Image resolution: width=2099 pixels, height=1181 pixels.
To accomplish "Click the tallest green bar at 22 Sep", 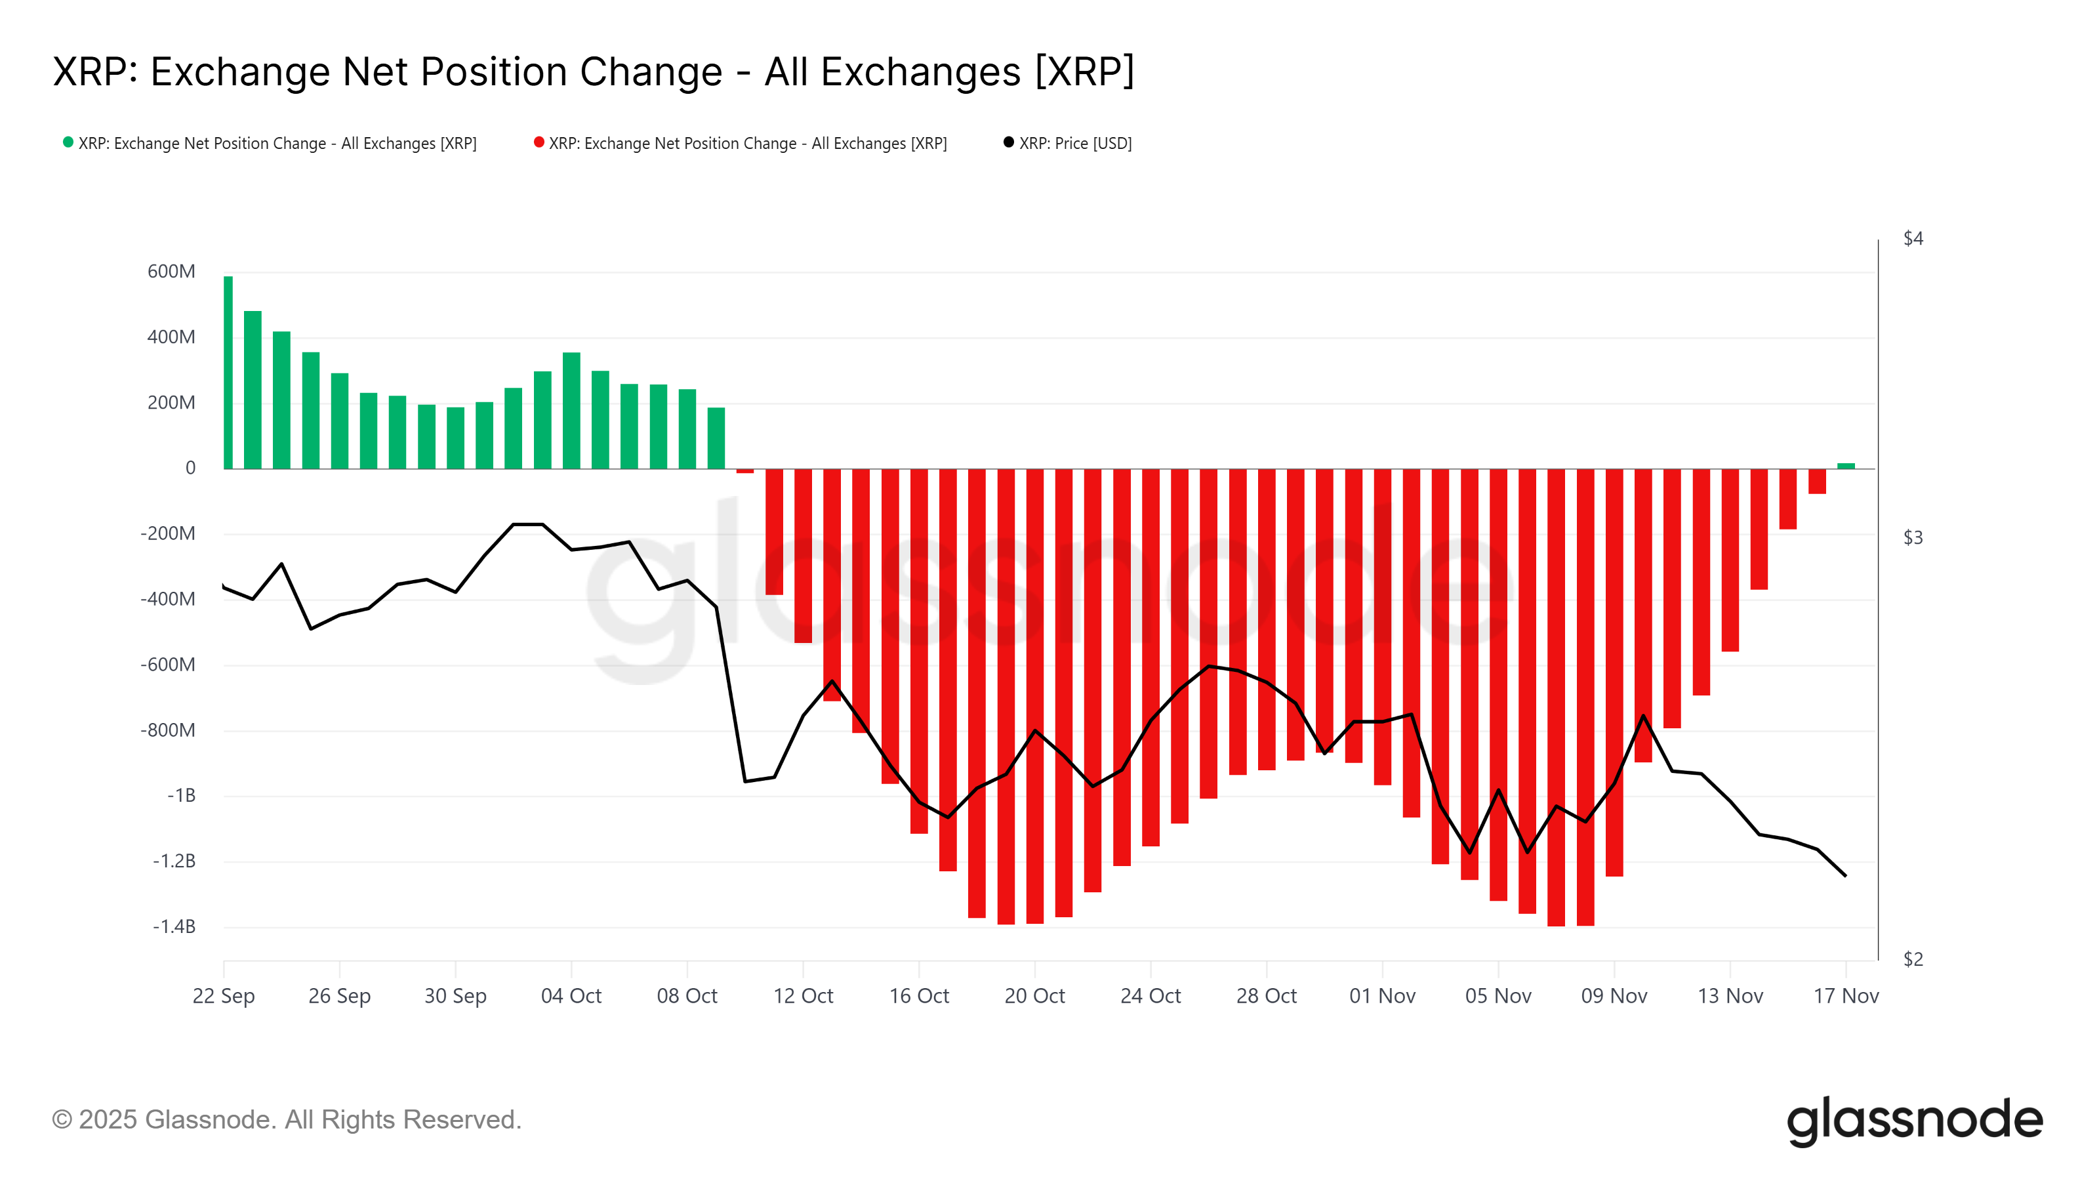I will click(x=228, y=373).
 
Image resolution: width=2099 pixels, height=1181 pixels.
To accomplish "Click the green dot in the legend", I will click(x=68, y=142).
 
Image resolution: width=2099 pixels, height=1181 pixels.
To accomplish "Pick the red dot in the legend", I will click(x=539, y=142).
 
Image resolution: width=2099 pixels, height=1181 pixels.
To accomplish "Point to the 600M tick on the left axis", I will click(x=171, y=272).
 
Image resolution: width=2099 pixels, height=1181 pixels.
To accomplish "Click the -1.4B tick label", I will click(x=174, y=926).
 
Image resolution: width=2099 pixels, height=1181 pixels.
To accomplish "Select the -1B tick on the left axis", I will click(x=181, y=795).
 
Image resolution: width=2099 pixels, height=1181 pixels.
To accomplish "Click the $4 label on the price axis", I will click(x=1913, y=238).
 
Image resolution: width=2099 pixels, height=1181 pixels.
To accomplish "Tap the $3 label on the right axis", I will click(x=1913, y=538).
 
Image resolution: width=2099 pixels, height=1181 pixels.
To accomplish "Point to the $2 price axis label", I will click(x=1913, y=959).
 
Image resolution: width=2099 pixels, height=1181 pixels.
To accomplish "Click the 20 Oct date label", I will click(x=1034, y=996).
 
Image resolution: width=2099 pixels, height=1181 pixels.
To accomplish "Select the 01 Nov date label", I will click(x=1382, y=996).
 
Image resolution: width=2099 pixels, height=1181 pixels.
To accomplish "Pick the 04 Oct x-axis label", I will click(x=571, y=996).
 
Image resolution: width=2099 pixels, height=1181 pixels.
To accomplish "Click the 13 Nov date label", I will click(x=1730, y=996).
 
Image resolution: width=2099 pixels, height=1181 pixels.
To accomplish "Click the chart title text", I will click(x=593, y=72).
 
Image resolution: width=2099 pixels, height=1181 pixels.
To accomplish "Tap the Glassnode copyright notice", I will click(x=286, y=1120).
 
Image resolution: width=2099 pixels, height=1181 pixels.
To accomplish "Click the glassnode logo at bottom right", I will click(x=1914, y=1120).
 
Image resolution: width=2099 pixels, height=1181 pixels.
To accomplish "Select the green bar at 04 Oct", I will click(x=571, y=411).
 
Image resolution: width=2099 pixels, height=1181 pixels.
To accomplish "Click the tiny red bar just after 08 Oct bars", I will click(x=744, y=471).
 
